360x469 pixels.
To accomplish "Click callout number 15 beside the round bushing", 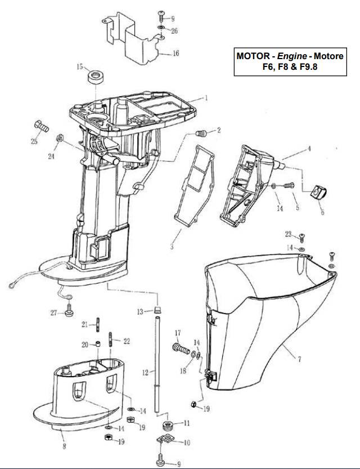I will tap(80, 66).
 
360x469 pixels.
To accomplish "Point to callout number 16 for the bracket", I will tap(175, 53).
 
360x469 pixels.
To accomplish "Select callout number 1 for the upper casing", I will tap(206, 97).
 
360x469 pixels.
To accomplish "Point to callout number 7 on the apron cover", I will tap(299, 359).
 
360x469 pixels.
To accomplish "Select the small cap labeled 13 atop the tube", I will tap(159, 310).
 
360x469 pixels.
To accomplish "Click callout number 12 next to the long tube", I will tap(145, 373).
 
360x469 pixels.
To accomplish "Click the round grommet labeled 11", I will tap(167, 423).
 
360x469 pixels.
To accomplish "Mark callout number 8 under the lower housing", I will tap(64, 447).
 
